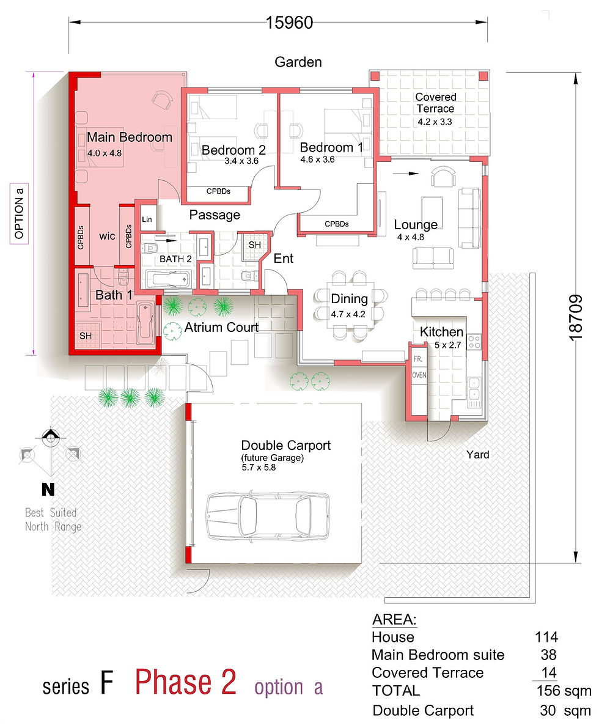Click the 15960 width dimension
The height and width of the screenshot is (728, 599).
(x=289, y=22)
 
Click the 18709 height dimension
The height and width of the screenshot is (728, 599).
(x=575, y=318)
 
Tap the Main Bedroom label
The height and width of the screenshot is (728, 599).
(x=130, y=137)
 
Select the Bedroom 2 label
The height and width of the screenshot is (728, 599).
(x=233, y=150)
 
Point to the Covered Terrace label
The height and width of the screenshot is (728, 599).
(x=436, y=103)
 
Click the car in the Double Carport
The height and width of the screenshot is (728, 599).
(x=268, y=516)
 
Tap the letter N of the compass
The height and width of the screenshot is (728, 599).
(x=48, y=489)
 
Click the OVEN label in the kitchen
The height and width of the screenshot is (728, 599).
(x=419, y=375)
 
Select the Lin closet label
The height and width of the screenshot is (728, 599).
(x=147, y=219)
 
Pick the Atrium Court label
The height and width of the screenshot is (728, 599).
(x=221, y=327)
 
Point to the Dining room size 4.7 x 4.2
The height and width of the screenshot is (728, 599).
(x=348, y=314)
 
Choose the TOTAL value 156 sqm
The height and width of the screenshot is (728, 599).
(x=564, y=690)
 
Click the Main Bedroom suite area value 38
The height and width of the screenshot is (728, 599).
(x=548, y=655)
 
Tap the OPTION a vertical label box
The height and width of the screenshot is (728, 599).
(x=19, y=213)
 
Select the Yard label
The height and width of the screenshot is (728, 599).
(x=478, y=455)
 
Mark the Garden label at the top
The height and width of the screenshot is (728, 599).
(x=298, y=62)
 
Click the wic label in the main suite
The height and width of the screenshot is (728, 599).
(x=107, y=236)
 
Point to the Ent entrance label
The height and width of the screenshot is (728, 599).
(x=283, y=258)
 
